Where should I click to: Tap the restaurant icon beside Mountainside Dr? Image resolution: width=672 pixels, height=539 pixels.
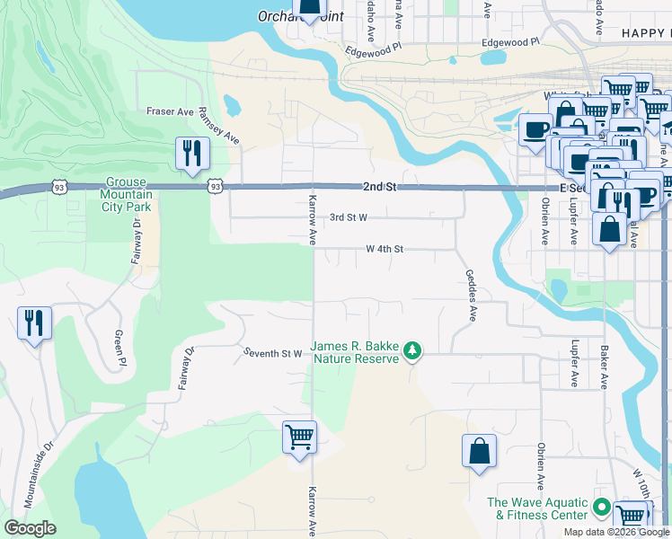click(x=34, y=323)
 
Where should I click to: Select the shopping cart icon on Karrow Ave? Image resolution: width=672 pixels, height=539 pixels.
click(x=299, y=438)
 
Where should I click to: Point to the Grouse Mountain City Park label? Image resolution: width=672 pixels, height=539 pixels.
click(x=126, y=193)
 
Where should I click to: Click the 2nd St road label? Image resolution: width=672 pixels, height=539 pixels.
click(x=379, y=187)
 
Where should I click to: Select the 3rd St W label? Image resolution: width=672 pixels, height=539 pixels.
click(x=349, y=217)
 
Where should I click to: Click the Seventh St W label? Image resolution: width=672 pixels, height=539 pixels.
click(x=272, y=354)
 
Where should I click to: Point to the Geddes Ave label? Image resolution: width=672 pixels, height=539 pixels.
click(x=469, y=296)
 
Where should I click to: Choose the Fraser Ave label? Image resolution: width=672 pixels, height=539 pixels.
click(x=170, y=112)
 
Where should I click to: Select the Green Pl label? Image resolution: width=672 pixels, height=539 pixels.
click(x=118, y=349)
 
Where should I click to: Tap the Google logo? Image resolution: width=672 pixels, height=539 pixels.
click(x=30, y=528)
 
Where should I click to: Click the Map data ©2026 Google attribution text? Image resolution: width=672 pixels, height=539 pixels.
click(x=615, y=532)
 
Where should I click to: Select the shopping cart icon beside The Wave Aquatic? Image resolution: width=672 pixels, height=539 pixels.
click(x=632, y=517)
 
